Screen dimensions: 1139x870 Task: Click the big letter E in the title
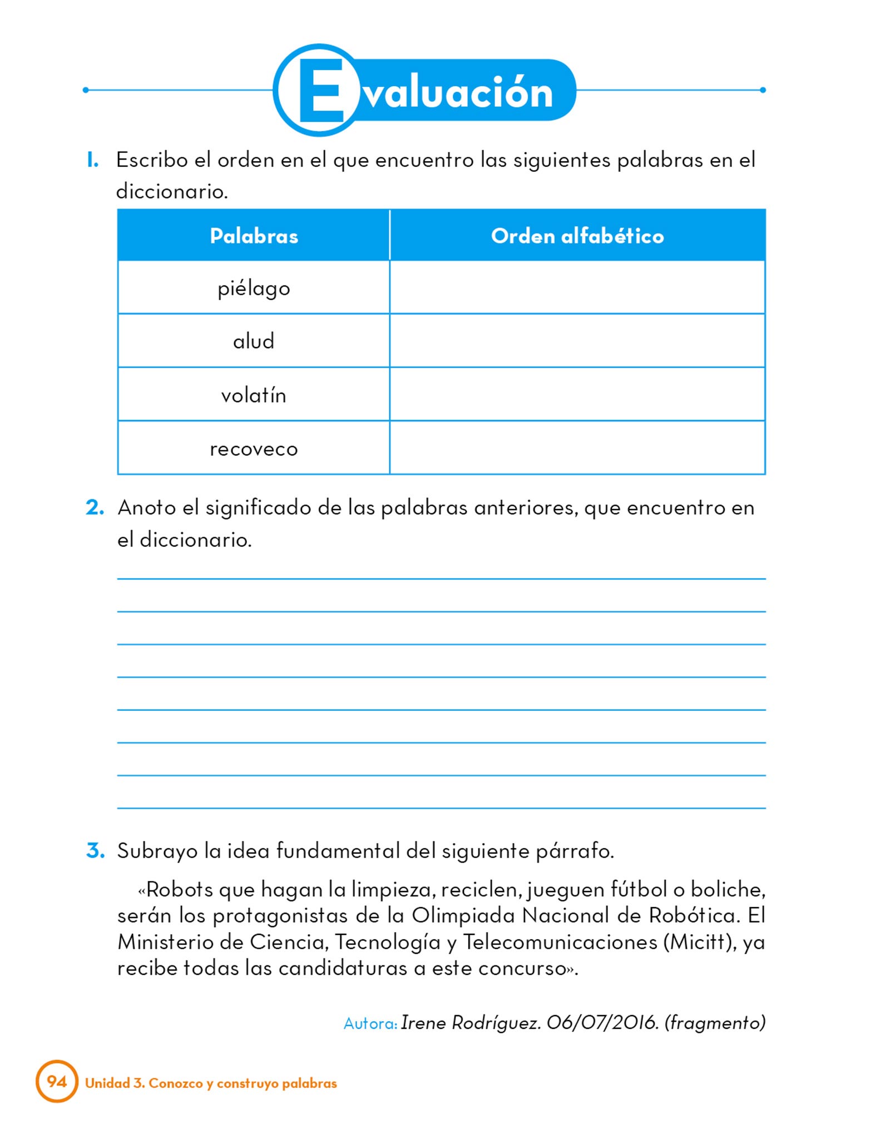click(x=322, y=91)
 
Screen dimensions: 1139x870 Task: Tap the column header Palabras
click(x=254, y=236)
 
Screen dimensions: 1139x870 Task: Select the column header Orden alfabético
click(x=577, y=236)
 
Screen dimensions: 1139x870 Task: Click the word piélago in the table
click(x=254, y=289)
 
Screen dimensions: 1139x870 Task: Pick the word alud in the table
click(x=254, y=341)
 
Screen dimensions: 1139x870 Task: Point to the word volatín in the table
click(x=254, y=395)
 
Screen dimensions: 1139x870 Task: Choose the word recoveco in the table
click(x=254, y=449)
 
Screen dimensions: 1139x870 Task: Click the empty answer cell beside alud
click(x=577, y=340)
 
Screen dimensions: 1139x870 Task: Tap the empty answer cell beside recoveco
click(x=577, y=448)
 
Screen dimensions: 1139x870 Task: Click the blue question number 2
click(x=95, y=507)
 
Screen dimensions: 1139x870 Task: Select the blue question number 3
click(x=95, y=850)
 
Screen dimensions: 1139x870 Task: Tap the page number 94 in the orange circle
click(x=57, y=1081)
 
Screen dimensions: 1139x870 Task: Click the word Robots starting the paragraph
click(x=180, y=890)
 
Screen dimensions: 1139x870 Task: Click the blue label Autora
click(x=370, y=1023)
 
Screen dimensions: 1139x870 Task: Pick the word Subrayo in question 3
click(x=157, y=851)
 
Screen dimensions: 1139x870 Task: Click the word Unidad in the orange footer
click(x=107, y=1083)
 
